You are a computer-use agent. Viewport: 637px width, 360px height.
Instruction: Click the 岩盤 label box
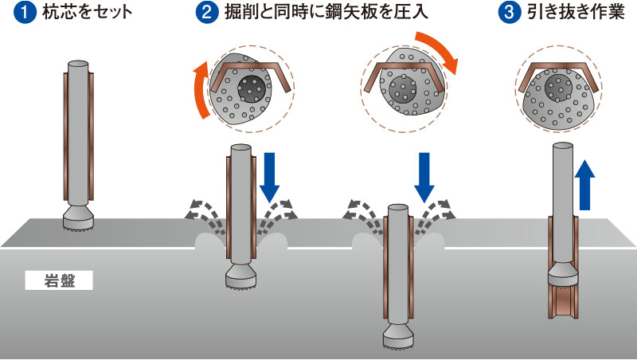[59, 280]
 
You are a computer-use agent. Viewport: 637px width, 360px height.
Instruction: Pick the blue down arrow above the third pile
[424, 176]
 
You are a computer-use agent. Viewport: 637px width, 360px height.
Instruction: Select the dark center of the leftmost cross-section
[254, 90]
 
